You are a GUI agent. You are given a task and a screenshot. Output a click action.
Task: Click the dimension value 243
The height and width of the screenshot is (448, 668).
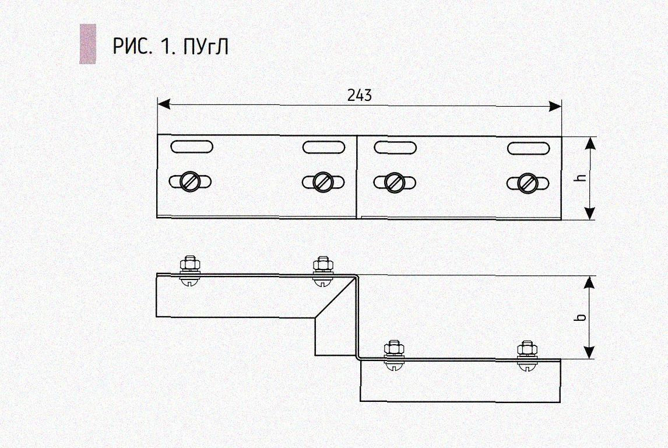(360, 95)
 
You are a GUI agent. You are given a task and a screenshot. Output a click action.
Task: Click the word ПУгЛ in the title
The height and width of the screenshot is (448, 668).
(206, 47)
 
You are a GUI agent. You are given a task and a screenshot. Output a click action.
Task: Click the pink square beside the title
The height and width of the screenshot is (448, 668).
(88, 44)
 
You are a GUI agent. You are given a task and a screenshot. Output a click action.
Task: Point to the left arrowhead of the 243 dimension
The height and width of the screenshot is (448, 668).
(164, 104)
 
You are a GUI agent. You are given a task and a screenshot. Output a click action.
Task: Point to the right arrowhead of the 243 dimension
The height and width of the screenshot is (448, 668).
(555, 106)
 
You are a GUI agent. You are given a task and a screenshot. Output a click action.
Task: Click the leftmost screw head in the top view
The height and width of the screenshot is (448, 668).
(190, 181)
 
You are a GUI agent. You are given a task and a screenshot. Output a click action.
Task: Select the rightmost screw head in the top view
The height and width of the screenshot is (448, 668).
(528, 183)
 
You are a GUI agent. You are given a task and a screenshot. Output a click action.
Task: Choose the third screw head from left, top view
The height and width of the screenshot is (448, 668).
(393, 182)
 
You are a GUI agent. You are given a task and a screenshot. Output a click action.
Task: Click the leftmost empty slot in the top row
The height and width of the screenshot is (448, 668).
(192, 146)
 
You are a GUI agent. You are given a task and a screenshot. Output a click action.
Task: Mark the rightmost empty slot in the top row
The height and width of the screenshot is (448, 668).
(528, 148)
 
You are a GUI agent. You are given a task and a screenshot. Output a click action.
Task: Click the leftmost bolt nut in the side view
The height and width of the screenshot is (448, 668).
(189, 264)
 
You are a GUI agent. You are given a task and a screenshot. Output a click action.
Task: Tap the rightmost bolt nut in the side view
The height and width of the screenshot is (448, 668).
(527, 348)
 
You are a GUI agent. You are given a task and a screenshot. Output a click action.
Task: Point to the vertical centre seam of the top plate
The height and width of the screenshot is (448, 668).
(357, 177)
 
